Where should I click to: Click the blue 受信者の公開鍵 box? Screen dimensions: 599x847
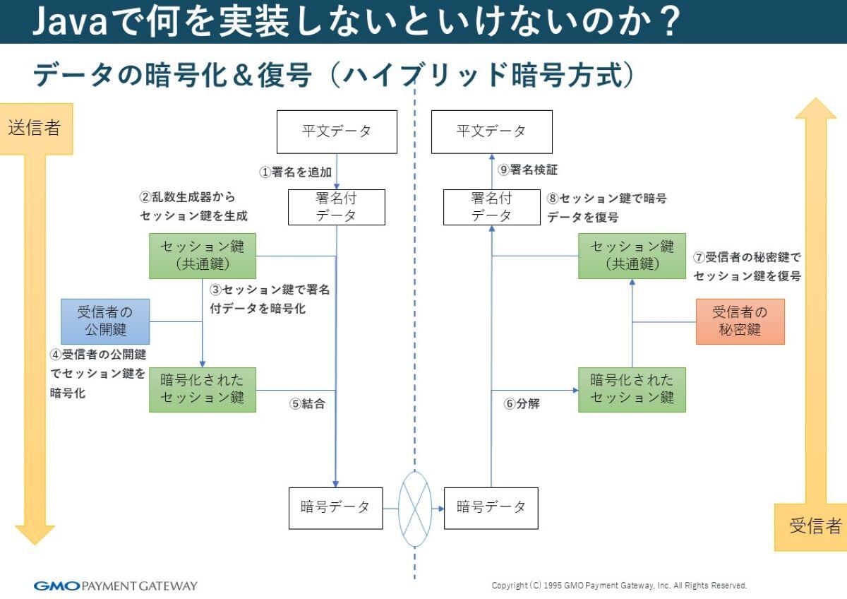(x=105, y=321)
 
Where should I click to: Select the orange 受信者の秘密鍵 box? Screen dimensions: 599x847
(x=740, y=321)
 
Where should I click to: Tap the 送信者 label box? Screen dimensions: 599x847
(x=35, y=128)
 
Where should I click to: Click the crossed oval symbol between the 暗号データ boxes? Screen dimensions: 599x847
(x=414, y=508)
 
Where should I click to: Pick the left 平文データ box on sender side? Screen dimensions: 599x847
(x=337, y=131)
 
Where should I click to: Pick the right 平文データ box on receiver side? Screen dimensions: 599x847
(x=491, y=131)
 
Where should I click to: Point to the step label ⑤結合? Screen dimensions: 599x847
(x=307, y=404)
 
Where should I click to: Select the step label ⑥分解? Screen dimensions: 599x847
(x=522, y=404)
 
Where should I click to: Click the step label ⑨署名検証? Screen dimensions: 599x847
(x=528, y=170)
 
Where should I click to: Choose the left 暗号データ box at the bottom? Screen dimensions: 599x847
(x=335, y=508)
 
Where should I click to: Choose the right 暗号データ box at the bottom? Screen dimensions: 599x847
(x=491, y=508)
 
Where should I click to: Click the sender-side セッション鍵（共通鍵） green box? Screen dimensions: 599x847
(x=202, y=256)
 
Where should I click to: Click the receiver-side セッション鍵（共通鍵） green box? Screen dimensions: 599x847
(x=632, y=256)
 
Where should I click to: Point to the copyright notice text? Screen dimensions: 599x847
(x=618, y=586)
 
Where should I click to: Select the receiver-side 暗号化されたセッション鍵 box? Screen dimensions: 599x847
(x=632, y=389)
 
